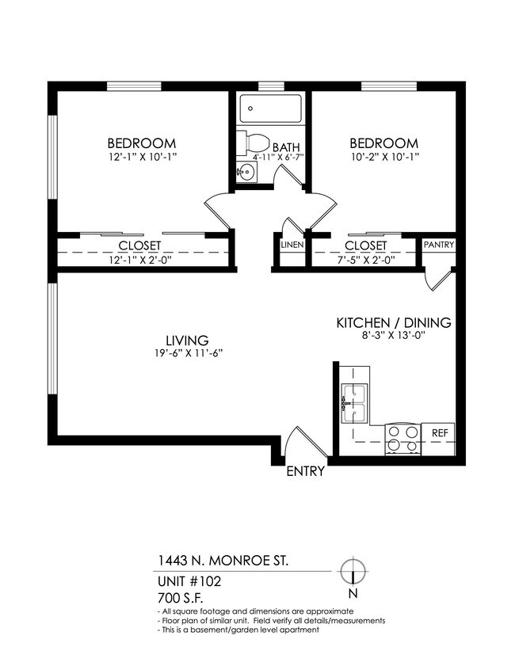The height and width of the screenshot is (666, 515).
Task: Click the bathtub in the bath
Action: (x=270, y=108)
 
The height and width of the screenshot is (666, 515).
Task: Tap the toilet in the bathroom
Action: (x=254, y=145)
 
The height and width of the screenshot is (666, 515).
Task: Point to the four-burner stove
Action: (x=402, y=438)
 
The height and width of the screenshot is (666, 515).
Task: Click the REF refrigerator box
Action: (x=440, y=433)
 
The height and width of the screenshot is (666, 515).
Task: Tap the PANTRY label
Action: (x=439, y=245)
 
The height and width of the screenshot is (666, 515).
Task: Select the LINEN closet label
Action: (x=292, y=245)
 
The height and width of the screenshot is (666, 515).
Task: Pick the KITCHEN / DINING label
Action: (x=394, y=322)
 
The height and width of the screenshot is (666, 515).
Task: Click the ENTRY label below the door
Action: (x=305, y=471)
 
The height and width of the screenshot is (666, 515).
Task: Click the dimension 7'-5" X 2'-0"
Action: (x=365, y=259)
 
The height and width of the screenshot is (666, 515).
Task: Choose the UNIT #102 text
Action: (x=189, y=580)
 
